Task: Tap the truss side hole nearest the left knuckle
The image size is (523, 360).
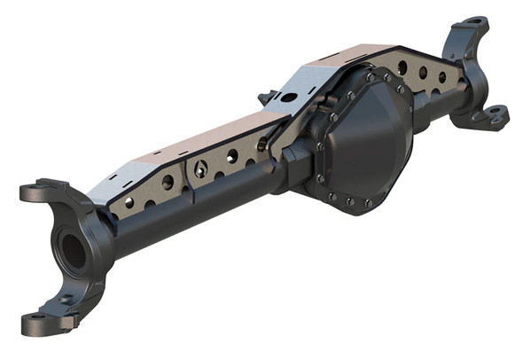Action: pos(129,203)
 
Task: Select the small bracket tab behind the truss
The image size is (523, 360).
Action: pos(265,97)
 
